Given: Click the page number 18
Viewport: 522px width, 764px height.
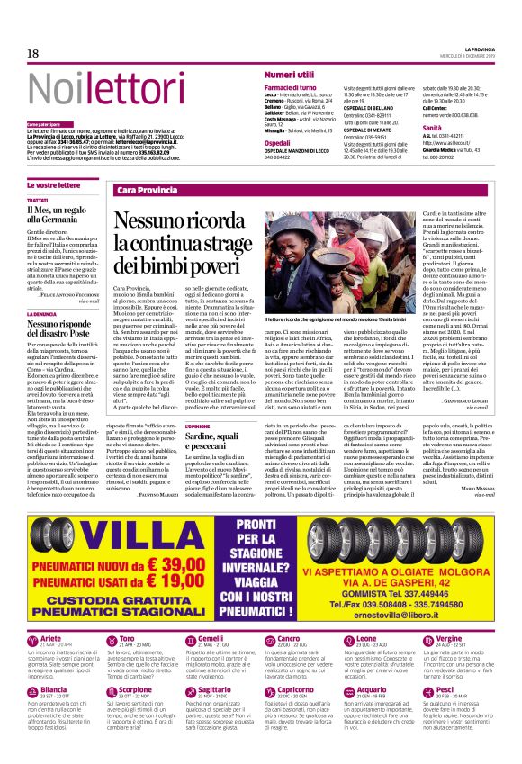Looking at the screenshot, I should pyautogui.click(x=33, y=54).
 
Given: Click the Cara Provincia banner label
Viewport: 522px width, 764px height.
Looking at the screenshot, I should pyautogui.click(x=148, y=191).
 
